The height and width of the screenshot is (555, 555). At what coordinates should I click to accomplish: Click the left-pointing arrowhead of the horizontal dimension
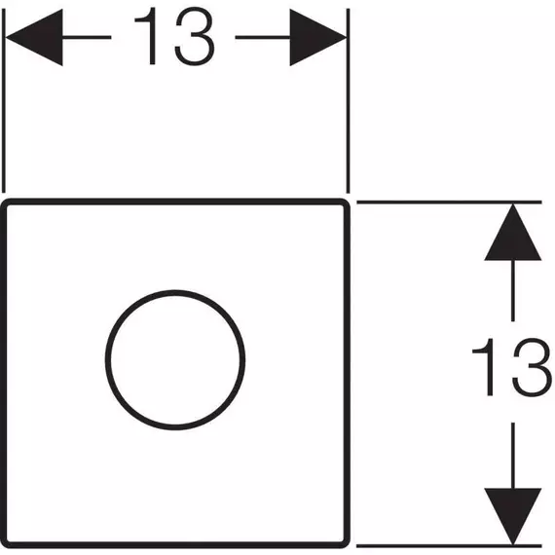pyautogui.click(x=34, y=37)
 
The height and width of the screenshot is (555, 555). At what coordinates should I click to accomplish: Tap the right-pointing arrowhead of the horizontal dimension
pyautogui.click(x=317, y=37)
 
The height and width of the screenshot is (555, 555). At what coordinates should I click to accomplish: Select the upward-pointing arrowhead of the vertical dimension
pyautogui.click(x=513, y=233)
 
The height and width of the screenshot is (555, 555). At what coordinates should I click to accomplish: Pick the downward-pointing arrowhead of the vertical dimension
pyautogui.click(x=513, y=517)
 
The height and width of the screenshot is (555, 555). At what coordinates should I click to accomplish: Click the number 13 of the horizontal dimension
pyautogui.click(x=174, y=36)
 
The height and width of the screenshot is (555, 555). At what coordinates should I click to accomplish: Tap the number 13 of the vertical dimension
pyautogui.click(x=512, y=367)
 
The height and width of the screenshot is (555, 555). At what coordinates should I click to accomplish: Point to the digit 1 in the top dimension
pyautogui.click(x=146, y=36)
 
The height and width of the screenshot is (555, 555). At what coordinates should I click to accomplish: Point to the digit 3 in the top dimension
pyautogui.click(x=195, y=36)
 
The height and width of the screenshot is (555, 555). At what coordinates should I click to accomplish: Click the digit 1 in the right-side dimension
pyautogui.click(x=484, y=367)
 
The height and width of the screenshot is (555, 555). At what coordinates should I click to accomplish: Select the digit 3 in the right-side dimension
pyautogui.click(x=533, y=367)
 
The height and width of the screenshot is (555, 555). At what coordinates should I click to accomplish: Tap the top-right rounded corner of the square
pyautogui.click(x=346, y=203)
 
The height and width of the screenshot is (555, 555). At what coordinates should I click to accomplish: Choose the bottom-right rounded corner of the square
pyautogui.click(x=347, y=544)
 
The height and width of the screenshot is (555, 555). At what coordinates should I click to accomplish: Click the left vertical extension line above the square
pyautogui.click(x=4, y=100)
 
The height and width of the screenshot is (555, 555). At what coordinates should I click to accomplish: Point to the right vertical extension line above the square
pyautogui.click(x=349, y=100)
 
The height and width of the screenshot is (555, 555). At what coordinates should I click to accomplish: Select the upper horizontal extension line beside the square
pyautogui.click(x=449, y=203)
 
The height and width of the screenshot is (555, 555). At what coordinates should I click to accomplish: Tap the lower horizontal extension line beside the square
pyautogui.click(x=449, y=546)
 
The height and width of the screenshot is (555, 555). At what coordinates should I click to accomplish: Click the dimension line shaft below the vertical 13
pyautogui.click(x=513, y=456)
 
